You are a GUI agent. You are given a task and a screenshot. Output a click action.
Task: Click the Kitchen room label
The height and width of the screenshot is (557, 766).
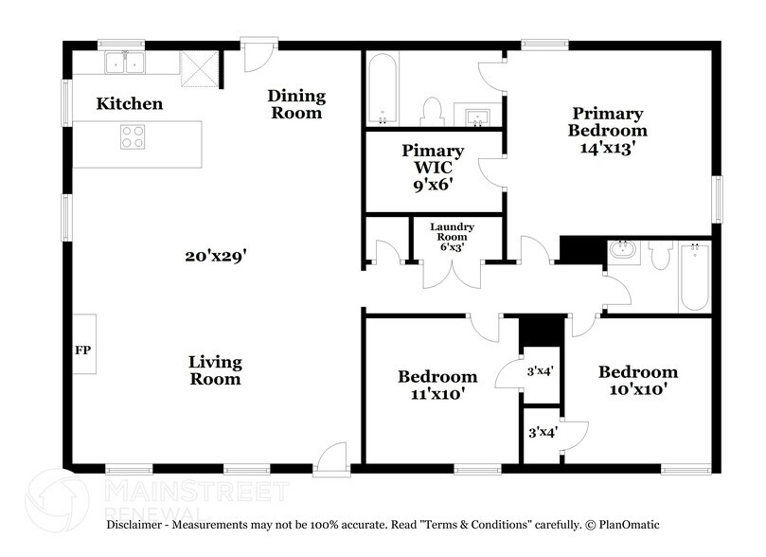129,104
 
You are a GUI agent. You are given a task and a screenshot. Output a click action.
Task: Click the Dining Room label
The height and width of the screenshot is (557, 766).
295,104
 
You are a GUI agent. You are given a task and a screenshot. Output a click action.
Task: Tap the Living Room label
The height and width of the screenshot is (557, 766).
215,370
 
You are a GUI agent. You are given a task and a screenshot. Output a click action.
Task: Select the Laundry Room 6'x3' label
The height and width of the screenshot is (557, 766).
452,233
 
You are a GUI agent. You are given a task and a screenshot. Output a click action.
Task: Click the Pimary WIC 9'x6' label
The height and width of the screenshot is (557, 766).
433,168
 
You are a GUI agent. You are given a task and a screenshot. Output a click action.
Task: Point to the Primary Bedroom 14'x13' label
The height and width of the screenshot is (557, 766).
607,131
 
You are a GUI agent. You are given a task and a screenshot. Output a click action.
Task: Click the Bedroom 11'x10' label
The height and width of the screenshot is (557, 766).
436,384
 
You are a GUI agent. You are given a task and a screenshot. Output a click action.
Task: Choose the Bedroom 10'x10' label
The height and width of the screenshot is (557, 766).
637,380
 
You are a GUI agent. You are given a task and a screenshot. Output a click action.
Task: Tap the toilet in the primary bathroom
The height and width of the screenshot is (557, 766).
433,111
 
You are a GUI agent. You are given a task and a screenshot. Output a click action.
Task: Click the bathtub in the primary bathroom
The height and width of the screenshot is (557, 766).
382,91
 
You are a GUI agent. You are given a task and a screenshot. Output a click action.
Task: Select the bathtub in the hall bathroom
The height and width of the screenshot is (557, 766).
693,276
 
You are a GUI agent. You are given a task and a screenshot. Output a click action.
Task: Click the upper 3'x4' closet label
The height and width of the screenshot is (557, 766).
541,371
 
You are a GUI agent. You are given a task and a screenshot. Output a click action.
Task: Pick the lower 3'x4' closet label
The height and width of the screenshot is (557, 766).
541,432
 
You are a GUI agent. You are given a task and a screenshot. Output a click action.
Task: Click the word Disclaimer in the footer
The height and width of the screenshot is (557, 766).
137,524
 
